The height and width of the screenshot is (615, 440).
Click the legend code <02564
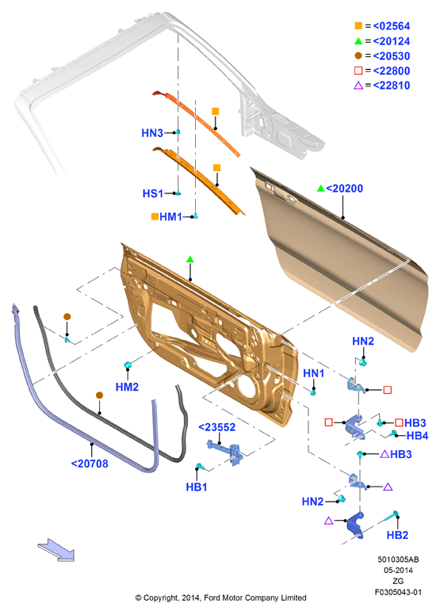[x=392, y=26]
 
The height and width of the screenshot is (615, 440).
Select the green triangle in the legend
[x=358, y=40]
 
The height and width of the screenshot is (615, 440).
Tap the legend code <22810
[x=392, y=86]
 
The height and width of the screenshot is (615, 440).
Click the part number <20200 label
[x=345, y=189]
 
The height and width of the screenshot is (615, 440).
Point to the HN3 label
[x=152, y=133]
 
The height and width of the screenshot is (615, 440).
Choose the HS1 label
[x=153, y=193]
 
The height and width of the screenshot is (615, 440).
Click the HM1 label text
[x=170, y=217]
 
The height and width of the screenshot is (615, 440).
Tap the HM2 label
[x=127, y=387]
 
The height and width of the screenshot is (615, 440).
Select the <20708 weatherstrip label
[x=90, y=464]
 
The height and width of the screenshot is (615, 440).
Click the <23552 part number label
[x=217, y=427]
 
